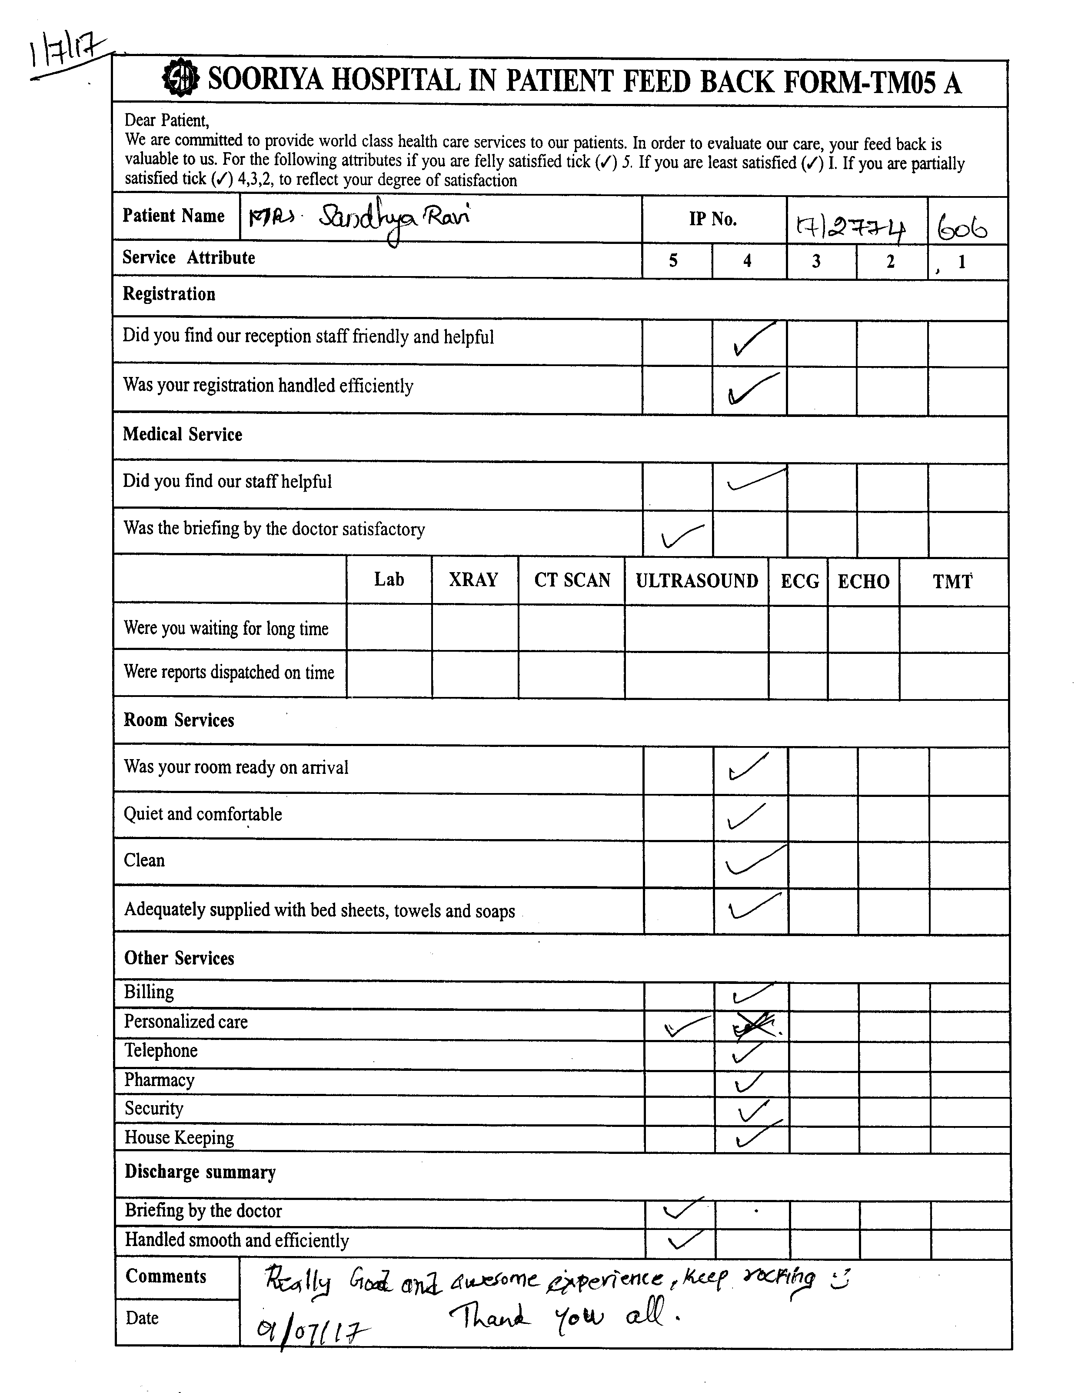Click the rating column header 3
click(x=816, y=261)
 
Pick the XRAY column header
click(x=473, y=580)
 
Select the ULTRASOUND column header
click(x=696, y=580)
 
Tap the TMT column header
click(x=952, y=581)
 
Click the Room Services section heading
click(x=179, y=720)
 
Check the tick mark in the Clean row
click(x=753, y=861)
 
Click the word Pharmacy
click(x=160, y=1080)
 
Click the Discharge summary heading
click(x=200, y=1172)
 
